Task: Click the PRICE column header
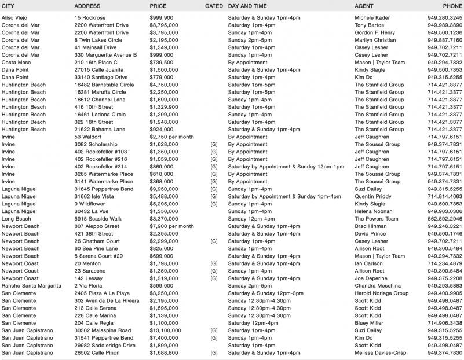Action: [x=158, y=6]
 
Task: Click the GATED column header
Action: [x=214, y=6]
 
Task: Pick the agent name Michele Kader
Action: [x=372, y=18]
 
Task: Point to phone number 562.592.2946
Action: [x=445, y=219]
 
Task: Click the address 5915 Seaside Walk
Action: [x=97, y=219]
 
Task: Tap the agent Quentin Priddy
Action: [x=374, y=196]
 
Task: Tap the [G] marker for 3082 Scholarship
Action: [x=214, y=144]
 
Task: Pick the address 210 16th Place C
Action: [x=96, y=63]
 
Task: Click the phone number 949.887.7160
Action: [x=445, y=41]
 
